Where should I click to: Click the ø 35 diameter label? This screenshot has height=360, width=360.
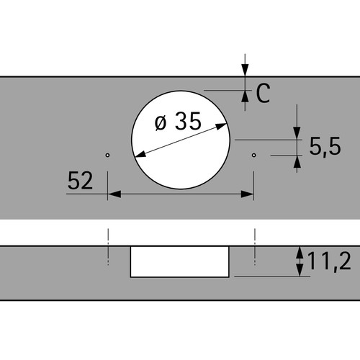[x=178, y=121]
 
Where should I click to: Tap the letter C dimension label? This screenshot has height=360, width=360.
[x=263, y=93]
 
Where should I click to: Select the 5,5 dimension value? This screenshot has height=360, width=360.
[x=325, y=146]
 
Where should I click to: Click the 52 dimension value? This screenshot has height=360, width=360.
[x=80, y=181]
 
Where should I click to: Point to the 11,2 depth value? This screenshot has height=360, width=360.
[x=329, y=261]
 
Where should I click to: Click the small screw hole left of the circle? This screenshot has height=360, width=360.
[x=107, y=155]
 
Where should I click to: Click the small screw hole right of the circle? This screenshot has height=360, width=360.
[x=253, y=155]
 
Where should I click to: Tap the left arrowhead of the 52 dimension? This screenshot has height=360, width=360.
[x=114, y=194]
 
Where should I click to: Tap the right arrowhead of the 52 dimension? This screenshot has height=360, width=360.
[x=247, y=194]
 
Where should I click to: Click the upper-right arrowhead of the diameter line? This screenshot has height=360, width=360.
[x=221, y=126]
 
